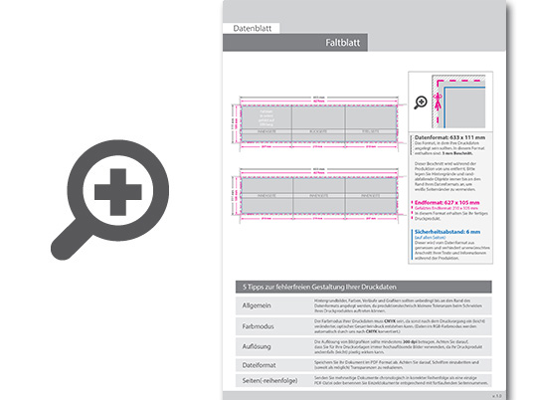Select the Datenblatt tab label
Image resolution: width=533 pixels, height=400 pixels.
tap(252, 28)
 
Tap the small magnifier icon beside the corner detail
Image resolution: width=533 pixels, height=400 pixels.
tap(422, 100)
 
